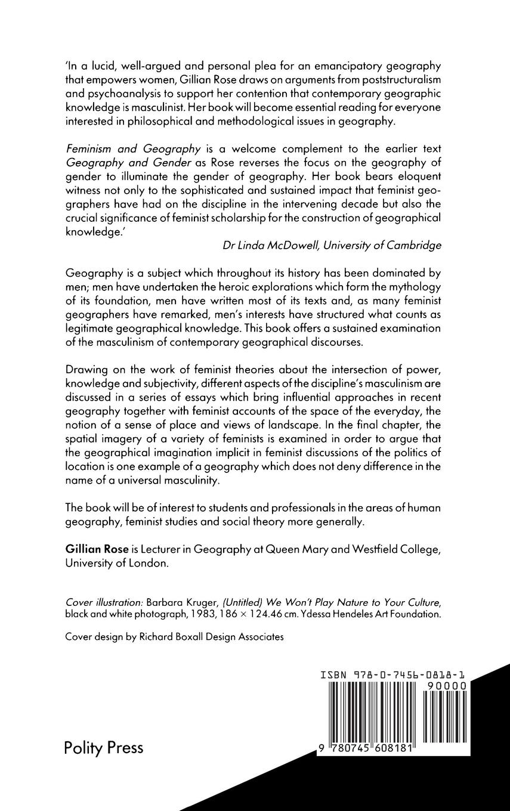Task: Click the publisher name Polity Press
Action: pos(103,748)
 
